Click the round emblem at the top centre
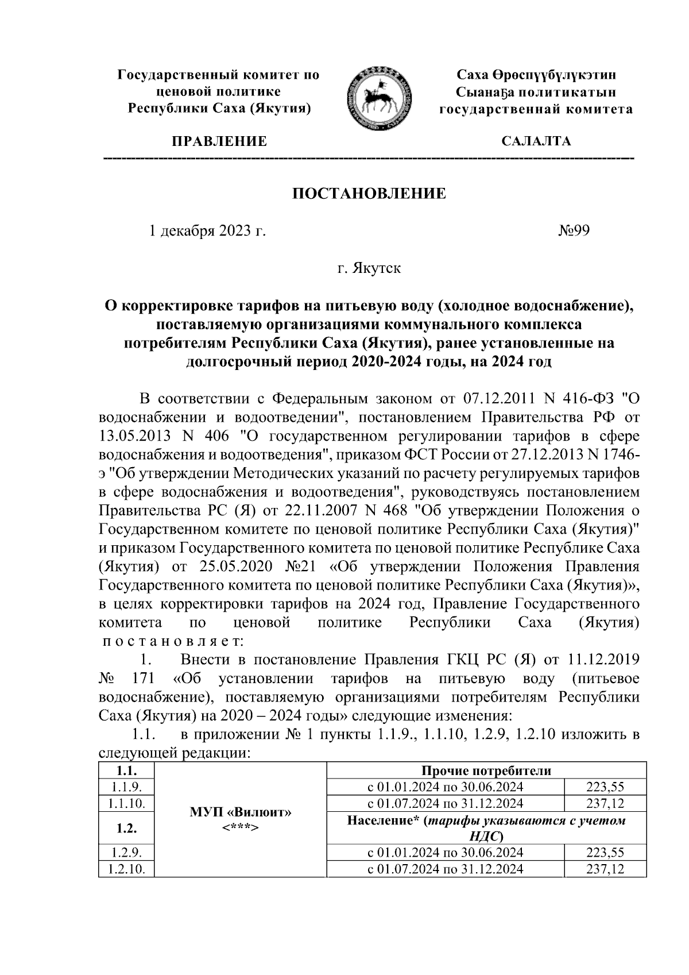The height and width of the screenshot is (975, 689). click(x=380, y=97)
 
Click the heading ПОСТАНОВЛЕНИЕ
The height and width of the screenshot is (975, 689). click(x=369, y=194)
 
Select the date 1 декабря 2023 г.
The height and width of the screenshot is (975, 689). click(x=207, y=231)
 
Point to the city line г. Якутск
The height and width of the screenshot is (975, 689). click(x=369, y=268)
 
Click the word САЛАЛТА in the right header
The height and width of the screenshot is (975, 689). click(x=536, y=141)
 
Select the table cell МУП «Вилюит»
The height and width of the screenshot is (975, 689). click(x=241, y=814)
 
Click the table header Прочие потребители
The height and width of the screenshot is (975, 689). click(x=486, y=771)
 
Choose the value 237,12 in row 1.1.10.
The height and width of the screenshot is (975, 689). click(x=605, y=803)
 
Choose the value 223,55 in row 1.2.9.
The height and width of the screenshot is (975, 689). click(x=605, y=853)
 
